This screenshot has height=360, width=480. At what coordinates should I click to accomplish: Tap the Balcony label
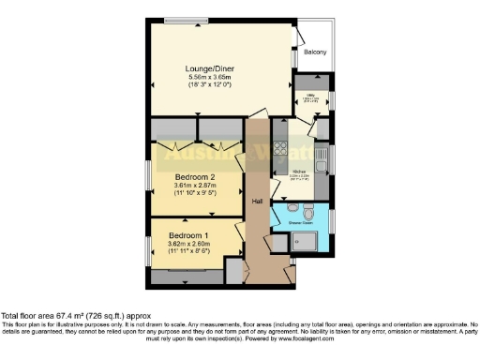point(315,52)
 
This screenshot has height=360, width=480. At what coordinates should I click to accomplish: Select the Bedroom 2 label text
point(194,176)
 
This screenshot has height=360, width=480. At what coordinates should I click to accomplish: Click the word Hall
point(258,201)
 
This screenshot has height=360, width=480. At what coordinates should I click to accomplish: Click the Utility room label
point(309,96)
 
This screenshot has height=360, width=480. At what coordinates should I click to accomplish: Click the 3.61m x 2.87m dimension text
point(194,186)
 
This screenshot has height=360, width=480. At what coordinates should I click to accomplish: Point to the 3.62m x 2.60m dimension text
point(188,243)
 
